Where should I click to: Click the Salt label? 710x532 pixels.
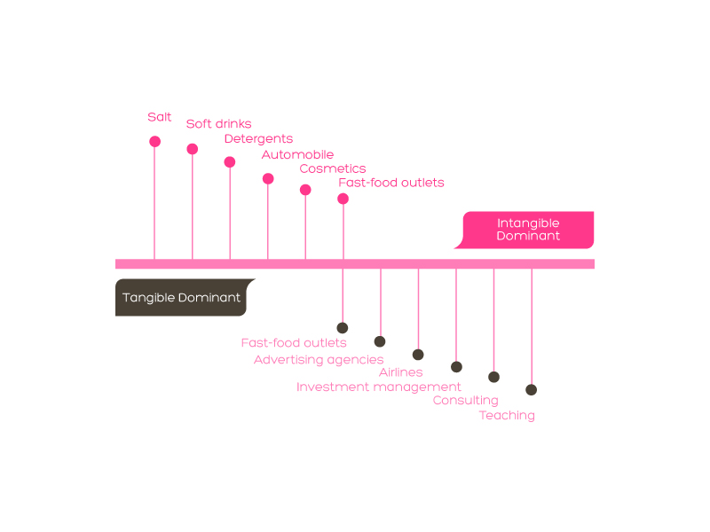pyautogui.click(x=160, y=117)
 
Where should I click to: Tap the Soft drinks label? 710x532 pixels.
pyautogui.click(x=218, y=124)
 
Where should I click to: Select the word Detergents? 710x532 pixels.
pyautogui.click(x=258, y=139)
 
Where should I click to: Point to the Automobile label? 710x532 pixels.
pyautogui.click(x=297, y=154)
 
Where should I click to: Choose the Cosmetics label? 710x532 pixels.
pyautogui.click(x=333, y=168)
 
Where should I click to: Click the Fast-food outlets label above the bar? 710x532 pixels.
pyautogui.click(x=391, y=183)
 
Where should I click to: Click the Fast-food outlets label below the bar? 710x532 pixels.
pyautogui.click(x=294, y=343)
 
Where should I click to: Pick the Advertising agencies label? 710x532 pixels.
pyautogui.click(x=319, y=360)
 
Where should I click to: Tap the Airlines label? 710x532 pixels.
pyautogui.click(x=401, y=372)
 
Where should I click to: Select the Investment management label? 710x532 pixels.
pyautogui.click(x=379, y=387)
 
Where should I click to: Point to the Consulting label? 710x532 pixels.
pyautogui.click(x=465, y=401)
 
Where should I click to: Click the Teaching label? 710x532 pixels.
pyautogui.click(x=507, y=416)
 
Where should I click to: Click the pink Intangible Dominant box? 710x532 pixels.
pyautogui.click(x=527, y=230)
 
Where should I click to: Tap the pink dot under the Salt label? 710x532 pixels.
pyautogui.click(x=154, y=142)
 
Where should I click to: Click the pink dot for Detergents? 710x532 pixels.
pyautogui.click(x=230, y=162)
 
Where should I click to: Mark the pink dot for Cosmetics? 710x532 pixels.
pyautogui.click(x=305, y=190)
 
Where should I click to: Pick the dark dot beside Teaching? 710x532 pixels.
pyautogui.click(x=531, y=389)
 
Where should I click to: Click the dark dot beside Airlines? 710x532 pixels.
pyautogui.click(x=418, y=355)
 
